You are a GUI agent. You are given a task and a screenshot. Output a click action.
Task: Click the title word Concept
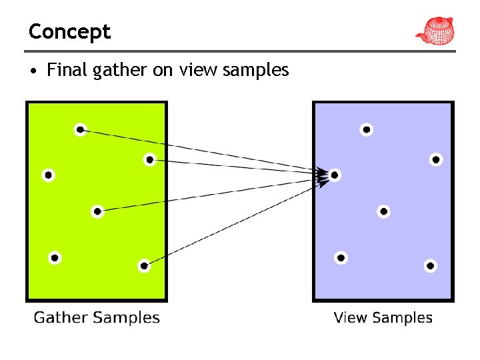tap(69, 31)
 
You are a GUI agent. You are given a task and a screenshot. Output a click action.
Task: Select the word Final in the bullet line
tap(68, 70)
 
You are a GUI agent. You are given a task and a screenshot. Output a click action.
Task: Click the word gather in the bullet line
tap(121, 71)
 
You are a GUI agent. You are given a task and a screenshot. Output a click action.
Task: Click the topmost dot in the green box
tap(80, 129)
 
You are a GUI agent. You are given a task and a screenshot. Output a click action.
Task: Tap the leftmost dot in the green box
tap(48, 175)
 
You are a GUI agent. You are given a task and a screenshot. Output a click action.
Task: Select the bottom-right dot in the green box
tap(144, 266)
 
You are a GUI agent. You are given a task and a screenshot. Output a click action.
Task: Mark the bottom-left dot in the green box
tap(55, 257)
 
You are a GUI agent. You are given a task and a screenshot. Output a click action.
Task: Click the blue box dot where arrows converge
tap(335, 175)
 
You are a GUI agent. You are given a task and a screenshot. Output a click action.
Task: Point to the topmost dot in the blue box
tap(366, 129)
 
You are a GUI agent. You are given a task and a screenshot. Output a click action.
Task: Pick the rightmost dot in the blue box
tap(435, 159)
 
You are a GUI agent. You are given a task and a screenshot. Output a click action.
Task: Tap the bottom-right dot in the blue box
tap(430, 266)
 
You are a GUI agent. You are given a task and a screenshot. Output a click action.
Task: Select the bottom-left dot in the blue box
tap(341, 257)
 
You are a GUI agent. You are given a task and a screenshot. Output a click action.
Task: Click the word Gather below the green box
tap(61, 317)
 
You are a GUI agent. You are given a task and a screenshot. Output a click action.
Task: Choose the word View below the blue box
tap(349, 318)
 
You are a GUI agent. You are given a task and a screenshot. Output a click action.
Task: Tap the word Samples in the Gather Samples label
tap(126, 318)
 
